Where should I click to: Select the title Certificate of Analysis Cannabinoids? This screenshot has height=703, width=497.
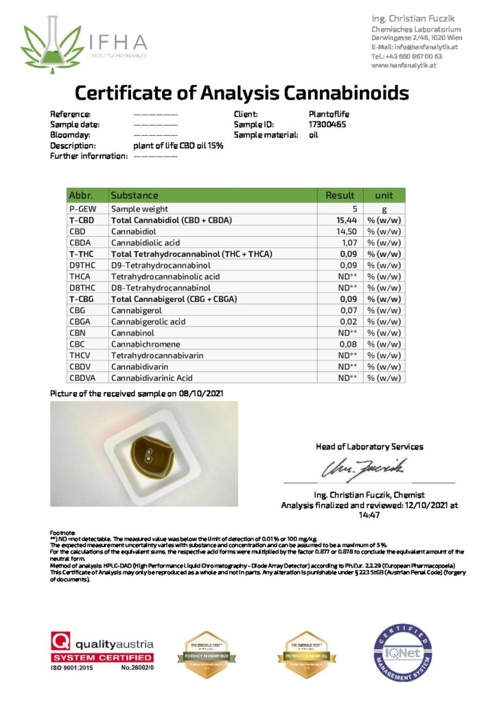[x=242, y=93]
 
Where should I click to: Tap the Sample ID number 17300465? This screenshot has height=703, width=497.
[x=327, y=124]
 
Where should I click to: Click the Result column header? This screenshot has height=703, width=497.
[x=340, y=195]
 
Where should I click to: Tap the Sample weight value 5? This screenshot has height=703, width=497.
[x=355, y=209]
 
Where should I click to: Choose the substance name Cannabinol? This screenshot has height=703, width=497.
[x=132, y=333]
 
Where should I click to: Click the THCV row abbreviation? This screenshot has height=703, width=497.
[x=78, y=355]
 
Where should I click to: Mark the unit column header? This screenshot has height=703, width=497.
[x=384, y=195]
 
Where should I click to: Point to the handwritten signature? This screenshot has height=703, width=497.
[x=361, y=470]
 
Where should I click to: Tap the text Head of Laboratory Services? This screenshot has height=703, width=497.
[x=369, y=446]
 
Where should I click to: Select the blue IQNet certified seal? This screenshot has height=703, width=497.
[x=403, y=650]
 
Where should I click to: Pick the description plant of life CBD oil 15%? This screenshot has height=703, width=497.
[x=178, y=146]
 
